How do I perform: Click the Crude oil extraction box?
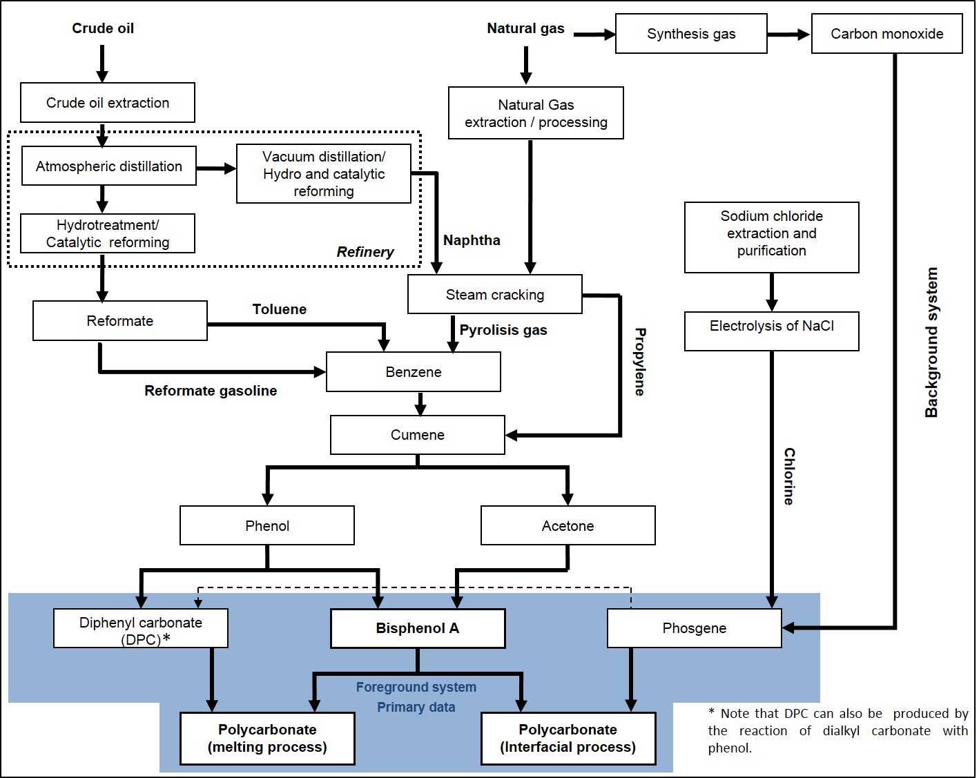[108, 103]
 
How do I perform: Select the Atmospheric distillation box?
[109, 166]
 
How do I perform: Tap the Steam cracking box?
[494, 295]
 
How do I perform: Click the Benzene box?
[413, 372]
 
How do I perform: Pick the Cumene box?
[417, 435]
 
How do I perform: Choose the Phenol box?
[266, 526]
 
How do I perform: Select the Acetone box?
[568, 526]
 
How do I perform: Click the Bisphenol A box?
[418, 628]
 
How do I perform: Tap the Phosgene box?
[694, 628]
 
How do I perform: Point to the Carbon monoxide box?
[886, 34]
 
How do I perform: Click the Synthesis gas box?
[691, 34]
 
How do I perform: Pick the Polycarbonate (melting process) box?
[267, 739]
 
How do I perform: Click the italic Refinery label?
[365, 252]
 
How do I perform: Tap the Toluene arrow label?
[279, 309]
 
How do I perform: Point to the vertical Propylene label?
[640, 362]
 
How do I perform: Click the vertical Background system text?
[931, 342]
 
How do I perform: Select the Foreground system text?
[416, 688]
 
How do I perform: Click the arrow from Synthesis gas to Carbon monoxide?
[788, 35]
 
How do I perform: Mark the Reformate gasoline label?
[211, 391]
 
